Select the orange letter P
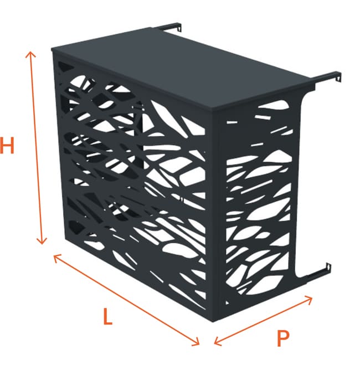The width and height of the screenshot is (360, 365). [284, 337]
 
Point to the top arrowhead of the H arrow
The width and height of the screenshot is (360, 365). [30, 53]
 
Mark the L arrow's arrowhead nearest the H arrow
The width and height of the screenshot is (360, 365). [55, 256]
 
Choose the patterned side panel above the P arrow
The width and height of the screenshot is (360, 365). [260, 205]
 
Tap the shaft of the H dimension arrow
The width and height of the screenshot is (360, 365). [35, 147]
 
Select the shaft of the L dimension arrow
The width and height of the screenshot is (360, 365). [126, 300]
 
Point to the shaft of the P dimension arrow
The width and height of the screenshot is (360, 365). [263, 320]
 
